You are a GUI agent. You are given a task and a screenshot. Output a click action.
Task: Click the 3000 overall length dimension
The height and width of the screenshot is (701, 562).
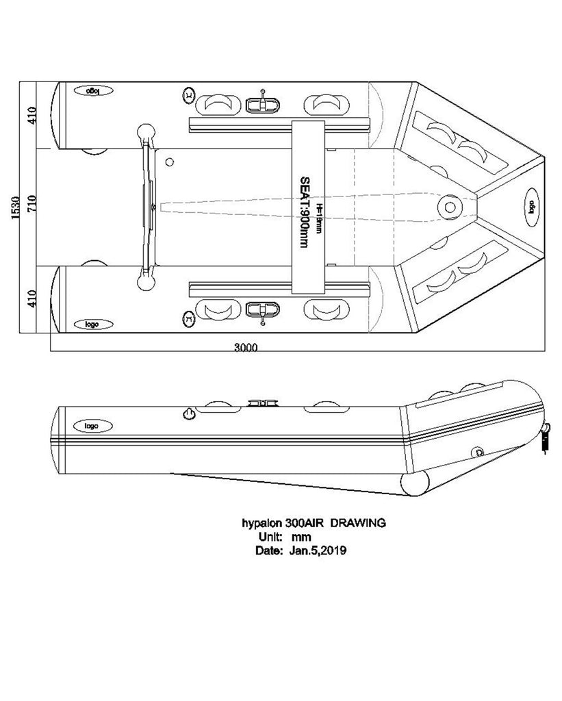click(x=246, y=347)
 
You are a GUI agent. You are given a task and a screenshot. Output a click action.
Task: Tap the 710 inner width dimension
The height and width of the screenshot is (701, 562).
click(x=30, y=206)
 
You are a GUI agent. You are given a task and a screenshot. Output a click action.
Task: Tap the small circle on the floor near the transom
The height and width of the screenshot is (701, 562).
click(x=170, y=162)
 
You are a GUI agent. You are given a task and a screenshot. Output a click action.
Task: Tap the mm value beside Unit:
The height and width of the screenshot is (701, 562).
click(x=301, y=536)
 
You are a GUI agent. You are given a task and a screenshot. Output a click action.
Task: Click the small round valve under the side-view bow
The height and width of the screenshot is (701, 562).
click(x=478, y=450)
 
